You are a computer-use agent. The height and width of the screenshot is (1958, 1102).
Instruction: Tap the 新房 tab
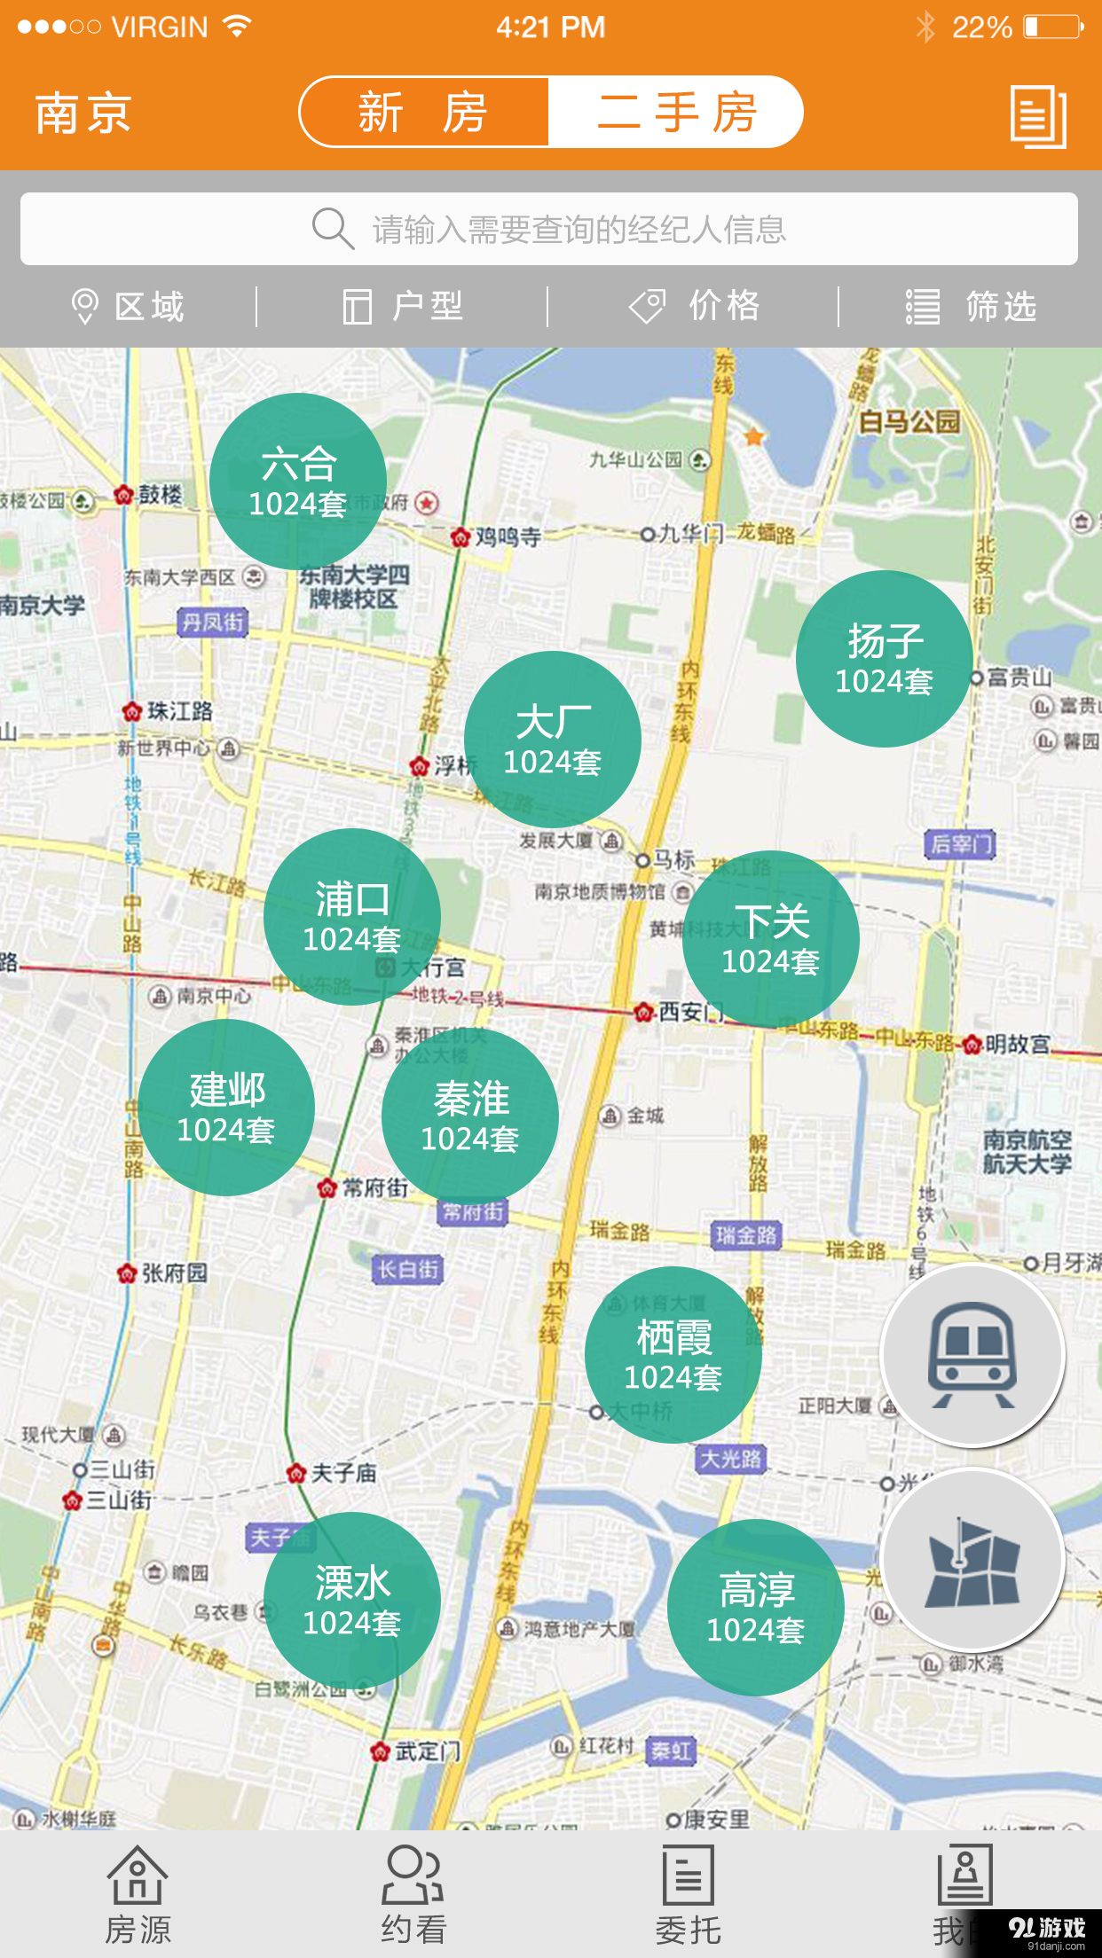(424, 113)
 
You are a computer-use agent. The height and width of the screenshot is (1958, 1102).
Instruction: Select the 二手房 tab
(676, 113)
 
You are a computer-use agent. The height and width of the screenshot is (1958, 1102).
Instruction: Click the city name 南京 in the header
(83, 114)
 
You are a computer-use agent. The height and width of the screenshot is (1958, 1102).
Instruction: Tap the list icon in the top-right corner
(1038, 116)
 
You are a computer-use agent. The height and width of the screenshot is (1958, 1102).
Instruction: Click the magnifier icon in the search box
(333, 229)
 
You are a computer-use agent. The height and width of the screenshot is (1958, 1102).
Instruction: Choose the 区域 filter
(129, 307)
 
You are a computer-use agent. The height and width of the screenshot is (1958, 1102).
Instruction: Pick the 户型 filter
(404, 307)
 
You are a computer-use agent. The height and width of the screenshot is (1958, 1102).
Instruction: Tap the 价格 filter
(695, 307)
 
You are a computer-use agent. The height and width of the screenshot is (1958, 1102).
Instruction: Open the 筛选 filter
(971, 307)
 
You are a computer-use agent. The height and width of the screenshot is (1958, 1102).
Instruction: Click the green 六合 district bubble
(298, 482)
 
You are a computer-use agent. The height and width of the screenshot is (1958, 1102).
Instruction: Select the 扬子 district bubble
(885, 659)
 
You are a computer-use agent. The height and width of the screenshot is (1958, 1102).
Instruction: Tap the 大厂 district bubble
(553, 740)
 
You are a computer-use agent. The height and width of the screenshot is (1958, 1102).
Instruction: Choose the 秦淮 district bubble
(470, 1116)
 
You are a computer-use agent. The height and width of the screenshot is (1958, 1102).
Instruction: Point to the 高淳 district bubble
(756, 1607)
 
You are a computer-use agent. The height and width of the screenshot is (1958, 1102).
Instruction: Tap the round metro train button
(972, 1355)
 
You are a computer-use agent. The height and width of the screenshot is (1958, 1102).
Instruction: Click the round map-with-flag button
(972, 1559)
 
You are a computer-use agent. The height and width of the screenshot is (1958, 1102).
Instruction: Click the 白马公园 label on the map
(909, 422)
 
